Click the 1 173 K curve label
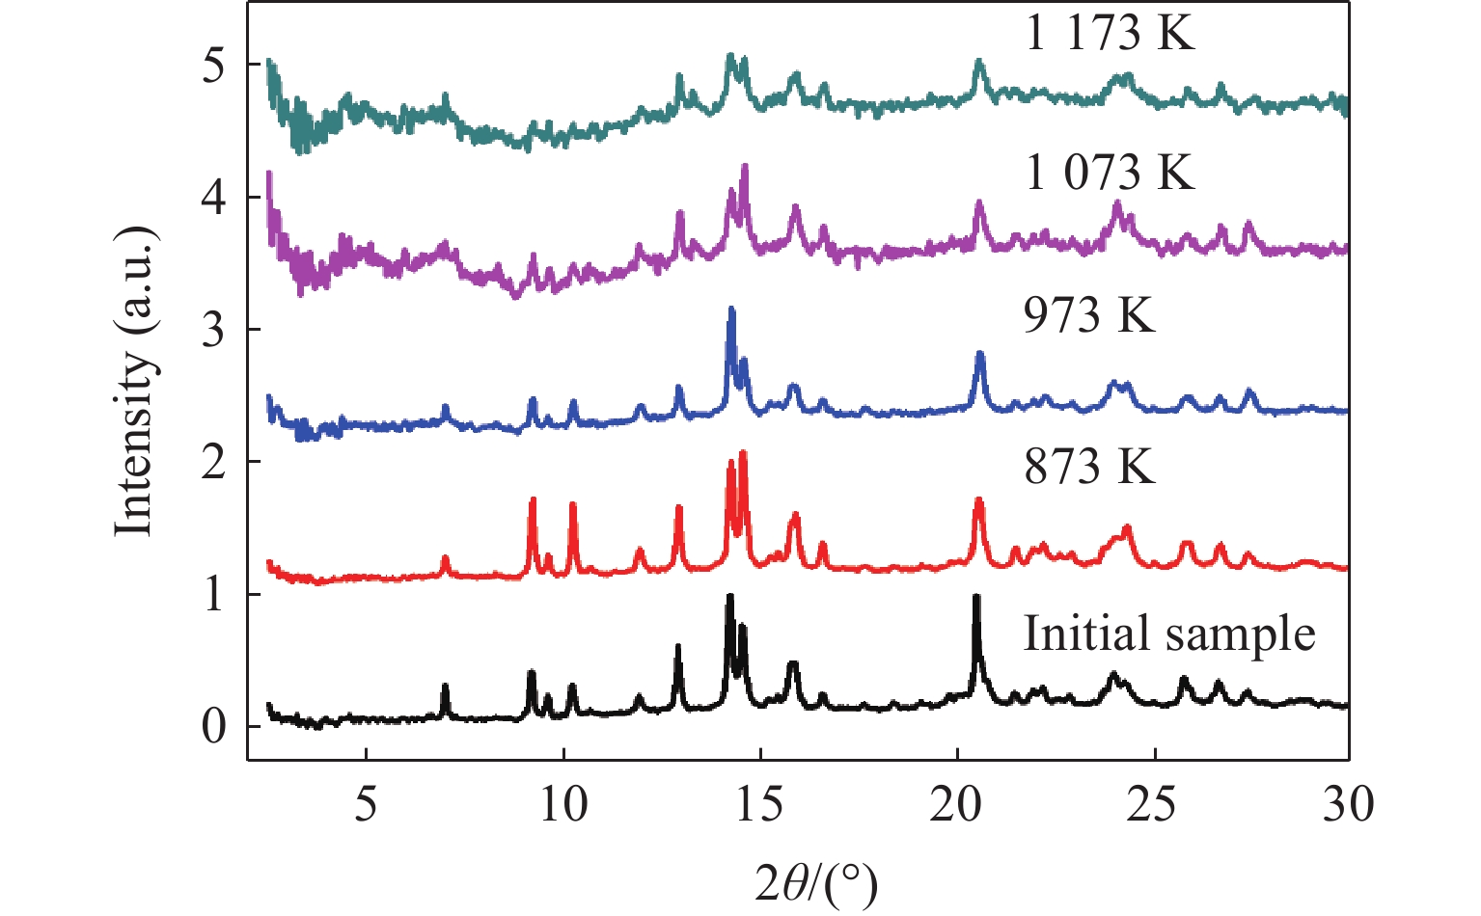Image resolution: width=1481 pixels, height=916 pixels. [1110, 34]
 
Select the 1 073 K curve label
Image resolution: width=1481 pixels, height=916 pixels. [1110, 173]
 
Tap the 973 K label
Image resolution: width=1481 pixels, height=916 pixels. [1088, 315]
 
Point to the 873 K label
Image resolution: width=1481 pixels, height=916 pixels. [1088, 467]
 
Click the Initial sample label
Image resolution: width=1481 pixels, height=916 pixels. [1169, 634]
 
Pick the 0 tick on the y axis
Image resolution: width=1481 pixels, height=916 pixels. [214, 727]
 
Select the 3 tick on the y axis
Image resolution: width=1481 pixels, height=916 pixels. [214, 330]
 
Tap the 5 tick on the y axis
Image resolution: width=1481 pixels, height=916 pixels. [214, 65]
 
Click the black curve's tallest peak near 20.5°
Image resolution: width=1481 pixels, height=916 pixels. [976, 598]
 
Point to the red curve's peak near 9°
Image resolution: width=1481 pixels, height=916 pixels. [533, 501]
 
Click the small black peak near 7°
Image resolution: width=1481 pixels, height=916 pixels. [445, 687]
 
